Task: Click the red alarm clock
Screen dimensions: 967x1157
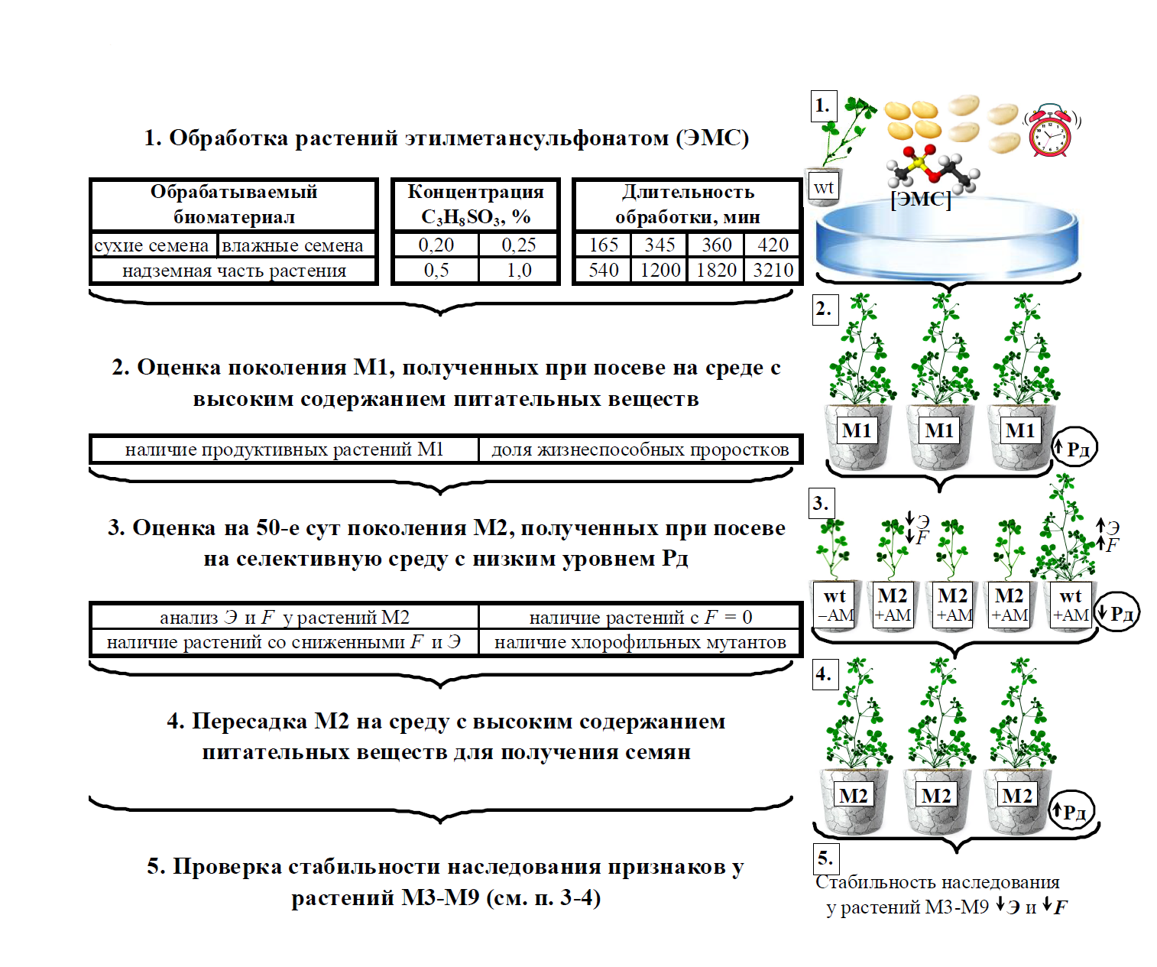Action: pyautogui.click(x=1050, y=131)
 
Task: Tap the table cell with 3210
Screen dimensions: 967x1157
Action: pyautogui.click(x=773, y=270)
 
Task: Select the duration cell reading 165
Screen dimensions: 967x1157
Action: pyautogui.click(x=603, y=245)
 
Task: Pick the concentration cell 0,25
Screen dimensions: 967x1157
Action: pyautogui.click(x=519, y=245)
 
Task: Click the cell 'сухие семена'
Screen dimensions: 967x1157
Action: pyautogui.click(x=152, y=245)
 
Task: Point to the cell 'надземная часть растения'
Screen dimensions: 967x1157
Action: pyautogui.click(x=234, y=270)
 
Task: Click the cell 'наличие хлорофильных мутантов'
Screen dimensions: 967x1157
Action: pyautogui.click(x=640, y=642)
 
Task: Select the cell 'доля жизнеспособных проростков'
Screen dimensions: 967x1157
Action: pyautogui.click(x=640, y=449)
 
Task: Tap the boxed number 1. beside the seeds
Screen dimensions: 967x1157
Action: pyautogui.click(x=823, y=105)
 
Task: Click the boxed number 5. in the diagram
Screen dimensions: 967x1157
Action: pyautogui.click(x=825, y=858)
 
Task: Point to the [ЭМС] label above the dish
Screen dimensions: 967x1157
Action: pyautogui.click(x=921, y=200)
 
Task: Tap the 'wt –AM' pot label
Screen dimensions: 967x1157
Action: pyautogui.click(x=835, y=605)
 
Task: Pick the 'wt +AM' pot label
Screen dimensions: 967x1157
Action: pyautogui.click(x=1071, y=605)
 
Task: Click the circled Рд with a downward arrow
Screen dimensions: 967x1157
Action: pyautogui.click(x=1117, y=613)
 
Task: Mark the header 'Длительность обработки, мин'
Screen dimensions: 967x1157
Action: pyautogui.click(x=687, y=204)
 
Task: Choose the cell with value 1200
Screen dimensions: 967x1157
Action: pyautogui.click(x=660, y=270)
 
